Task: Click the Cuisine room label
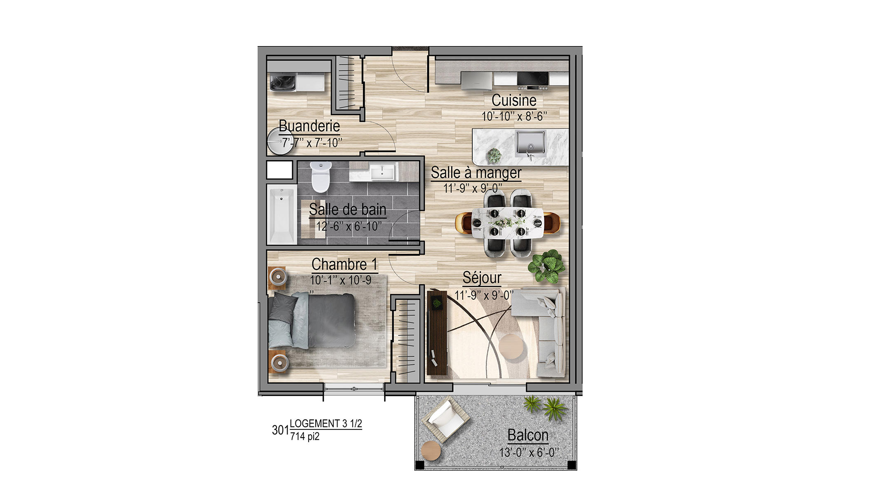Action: [514, 100]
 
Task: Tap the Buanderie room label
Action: [309, 126]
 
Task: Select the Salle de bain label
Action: [347, 210]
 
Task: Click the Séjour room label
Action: [482, 278]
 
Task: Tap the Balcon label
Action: [528, 435]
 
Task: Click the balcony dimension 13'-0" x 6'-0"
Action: [529, 452]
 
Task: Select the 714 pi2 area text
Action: [305, 436]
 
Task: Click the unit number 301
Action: [281, 430]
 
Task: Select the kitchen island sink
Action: [531, 144]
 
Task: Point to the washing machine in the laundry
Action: [283, 82]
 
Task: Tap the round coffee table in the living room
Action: [513, 347]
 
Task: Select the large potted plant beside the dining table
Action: [547, 266]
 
